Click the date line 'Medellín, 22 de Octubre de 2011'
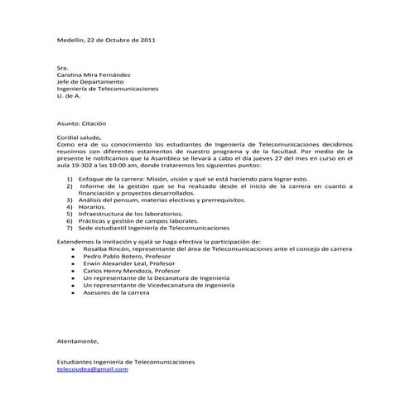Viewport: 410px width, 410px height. coord(104,40)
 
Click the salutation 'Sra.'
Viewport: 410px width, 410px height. coord(61,69)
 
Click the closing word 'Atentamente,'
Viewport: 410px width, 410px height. coord(77,340)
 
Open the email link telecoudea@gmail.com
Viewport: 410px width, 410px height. coord(92,369)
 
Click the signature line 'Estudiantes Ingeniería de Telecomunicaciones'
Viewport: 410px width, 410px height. coord(125,362)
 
